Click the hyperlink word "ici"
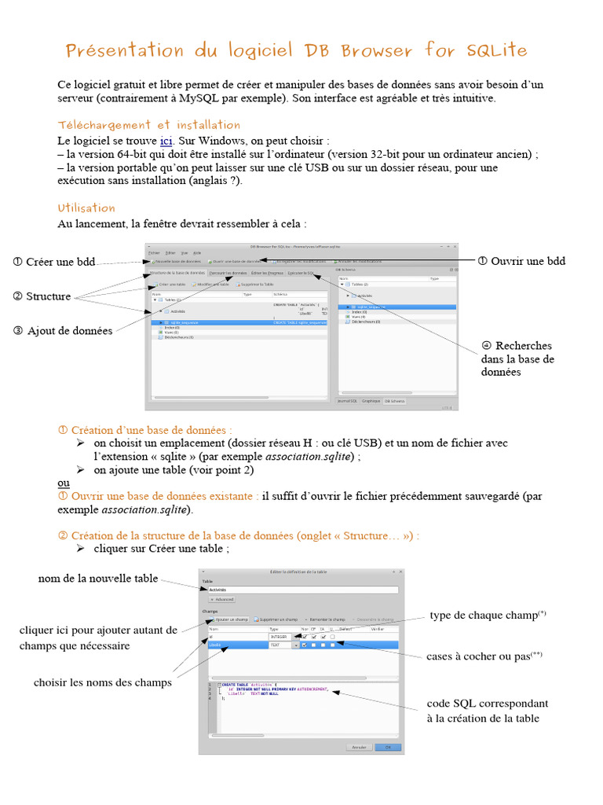click(x=166, y=141)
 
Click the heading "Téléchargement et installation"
click(x=149, y=125)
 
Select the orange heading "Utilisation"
click(x=86, y=208)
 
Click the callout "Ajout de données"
click(x=70, y=331)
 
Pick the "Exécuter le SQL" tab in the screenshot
click(x=301, y=273)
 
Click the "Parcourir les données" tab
click(x=228, y=273)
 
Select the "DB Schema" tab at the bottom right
click(x=394, y=401)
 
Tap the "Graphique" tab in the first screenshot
click(x=371, y=401)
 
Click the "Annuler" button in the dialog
click(x=359, y=747)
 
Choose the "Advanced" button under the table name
click(x=221, y=599)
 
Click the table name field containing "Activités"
click(x=302, y=589)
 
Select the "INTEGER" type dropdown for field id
click(x=283, y=637)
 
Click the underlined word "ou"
click(x=64, y=483)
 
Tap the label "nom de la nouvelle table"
click(x=98, y=579)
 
